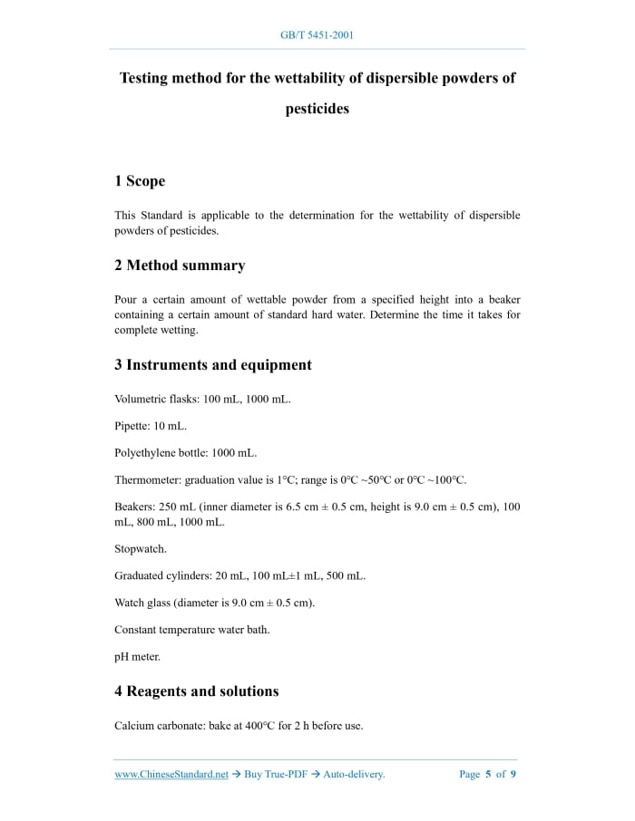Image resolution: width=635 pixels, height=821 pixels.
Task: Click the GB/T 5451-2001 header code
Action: pyautogui.click(x=317, y=35)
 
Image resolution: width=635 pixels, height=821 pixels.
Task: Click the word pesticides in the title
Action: pyautogui.click(x=317, y=109)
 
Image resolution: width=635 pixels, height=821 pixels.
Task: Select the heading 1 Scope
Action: pyautogui.click(x=140, y=181)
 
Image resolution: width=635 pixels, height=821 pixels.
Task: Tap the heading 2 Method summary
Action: pyautogui.click(x=180, y=266)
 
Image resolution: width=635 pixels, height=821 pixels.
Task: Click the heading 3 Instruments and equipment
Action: pyautogui.click(x=213, y=365)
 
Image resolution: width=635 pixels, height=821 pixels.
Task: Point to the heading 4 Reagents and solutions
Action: pyautogui.click(x=197, y=691)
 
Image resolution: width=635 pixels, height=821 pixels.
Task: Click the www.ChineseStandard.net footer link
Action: pyautogui.click(x=171, y=775)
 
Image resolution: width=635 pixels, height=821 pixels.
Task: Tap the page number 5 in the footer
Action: pyautogui.click(x=488, y=775)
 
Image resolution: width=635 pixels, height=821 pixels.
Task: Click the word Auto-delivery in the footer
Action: pyautogui.click(x=354, y=775)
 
